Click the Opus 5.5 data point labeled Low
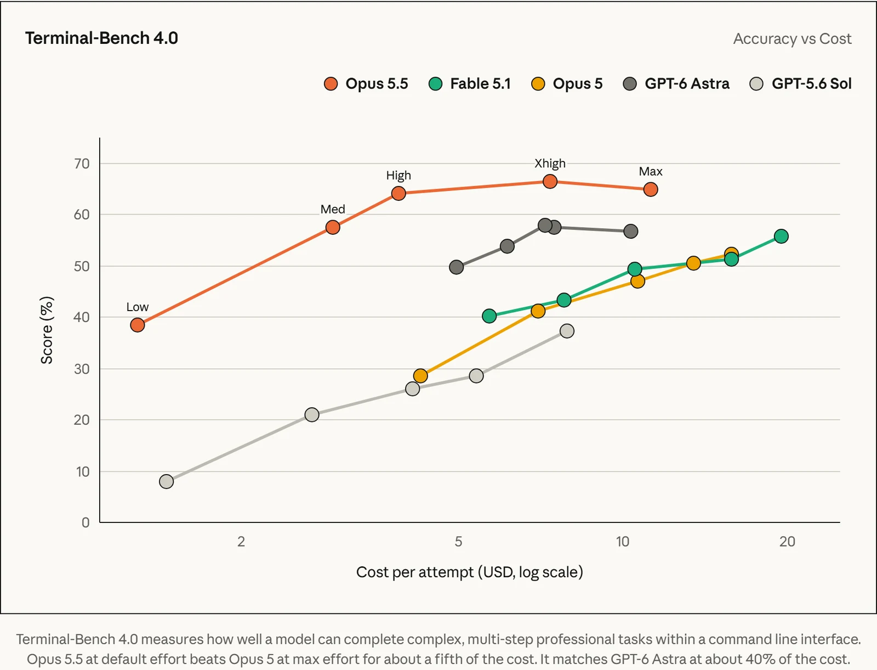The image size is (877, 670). (x=137, y=325)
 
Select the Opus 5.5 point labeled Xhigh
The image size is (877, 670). (x=550, y=182)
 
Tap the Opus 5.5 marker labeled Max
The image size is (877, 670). (x=651, y=189)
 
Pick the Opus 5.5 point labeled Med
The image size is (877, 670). (x=332, y=228)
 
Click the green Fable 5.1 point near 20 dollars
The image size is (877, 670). (x=781, y=237)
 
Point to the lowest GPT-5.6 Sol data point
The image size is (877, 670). (x=166, y=481)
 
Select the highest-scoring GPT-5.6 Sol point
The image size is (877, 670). (x=567, y=331)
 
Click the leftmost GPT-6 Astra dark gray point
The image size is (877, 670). (x=456, y=267)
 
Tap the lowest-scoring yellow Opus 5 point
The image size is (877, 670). (x=420, y=375)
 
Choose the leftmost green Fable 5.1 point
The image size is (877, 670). (x=489, y=316)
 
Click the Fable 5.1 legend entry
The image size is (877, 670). (x=469, y=83)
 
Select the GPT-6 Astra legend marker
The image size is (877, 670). (x=630, y=84)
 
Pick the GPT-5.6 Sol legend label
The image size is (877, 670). (x=811, y=83)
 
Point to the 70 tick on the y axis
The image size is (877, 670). (x=82, y=164)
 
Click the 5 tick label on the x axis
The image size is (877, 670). (x=458, y=542)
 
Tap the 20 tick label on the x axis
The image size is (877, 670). (x=787, y=542)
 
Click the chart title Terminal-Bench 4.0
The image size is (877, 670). (x=101, y=38)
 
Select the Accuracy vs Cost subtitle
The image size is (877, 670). (x=792, y=39)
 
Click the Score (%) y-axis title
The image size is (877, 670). (x=47, y=330)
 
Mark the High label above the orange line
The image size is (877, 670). (x=398, y=176)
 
